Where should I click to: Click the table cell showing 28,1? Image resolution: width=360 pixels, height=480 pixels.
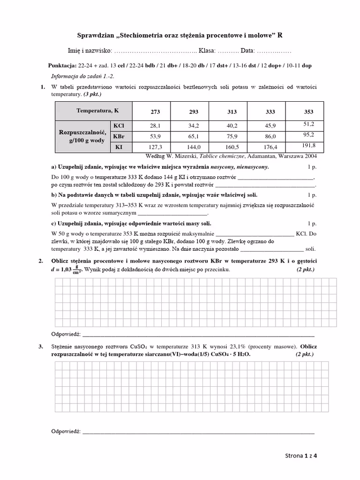click(155, 126)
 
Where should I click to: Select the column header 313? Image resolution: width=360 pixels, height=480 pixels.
click(232, 112)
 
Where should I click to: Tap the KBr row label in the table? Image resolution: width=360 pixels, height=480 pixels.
click(119, 136)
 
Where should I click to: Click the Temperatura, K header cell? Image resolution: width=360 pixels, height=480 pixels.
click(97, 111)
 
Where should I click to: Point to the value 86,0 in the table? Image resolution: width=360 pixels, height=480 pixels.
click(270, 136)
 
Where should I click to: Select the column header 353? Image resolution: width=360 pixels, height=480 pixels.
click(308, 112)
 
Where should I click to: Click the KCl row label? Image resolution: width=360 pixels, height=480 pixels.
click(119, 126)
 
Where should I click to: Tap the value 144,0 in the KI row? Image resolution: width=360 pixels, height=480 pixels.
click(194, 147)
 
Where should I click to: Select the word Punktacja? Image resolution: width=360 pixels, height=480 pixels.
click(62, 66)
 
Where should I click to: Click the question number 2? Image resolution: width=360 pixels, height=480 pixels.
click(41, 261)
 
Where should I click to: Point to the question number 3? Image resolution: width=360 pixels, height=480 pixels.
click(41, 346)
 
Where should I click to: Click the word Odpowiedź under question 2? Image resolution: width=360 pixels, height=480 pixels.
click(65, 334)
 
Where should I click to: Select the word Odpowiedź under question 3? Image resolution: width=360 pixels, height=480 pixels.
click(65, 431)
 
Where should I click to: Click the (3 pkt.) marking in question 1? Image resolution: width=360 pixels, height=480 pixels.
click(92, 94)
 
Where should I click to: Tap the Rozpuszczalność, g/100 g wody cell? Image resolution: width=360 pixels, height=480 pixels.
click(82, 136)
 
